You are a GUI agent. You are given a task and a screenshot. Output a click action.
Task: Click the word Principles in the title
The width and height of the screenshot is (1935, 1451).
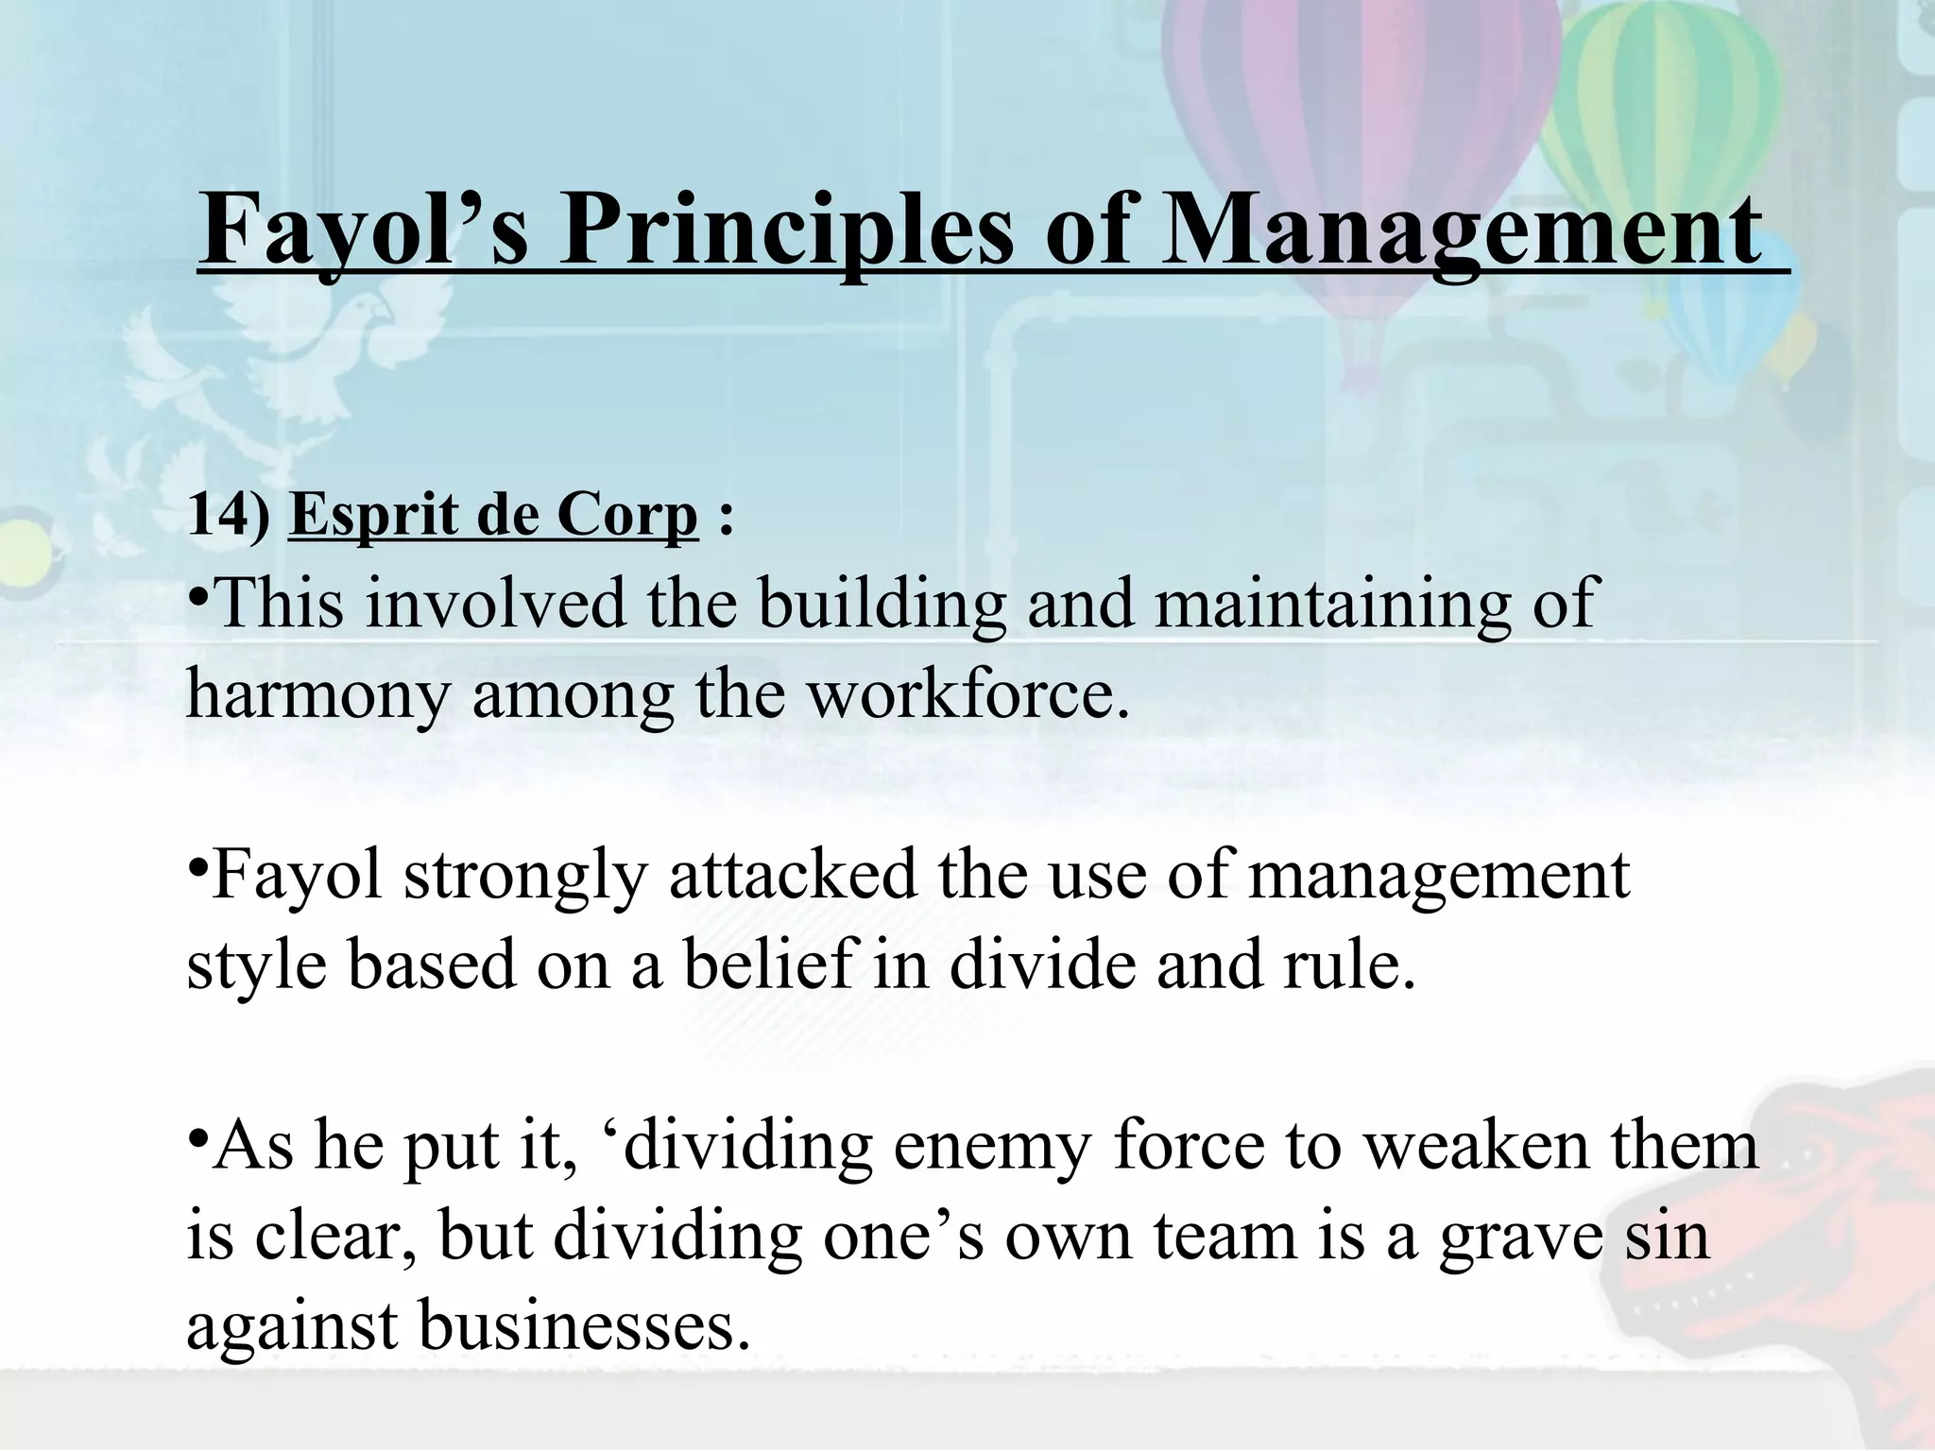[x=785, y=231]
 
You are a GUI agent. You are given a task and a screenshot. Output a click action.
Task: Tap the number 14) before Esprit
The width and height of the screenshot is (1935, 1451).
[x=228, y=516]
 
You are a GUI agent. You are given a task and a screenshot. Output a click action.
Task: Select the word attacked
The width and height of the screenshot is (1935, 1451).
[x=794, y=875]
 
